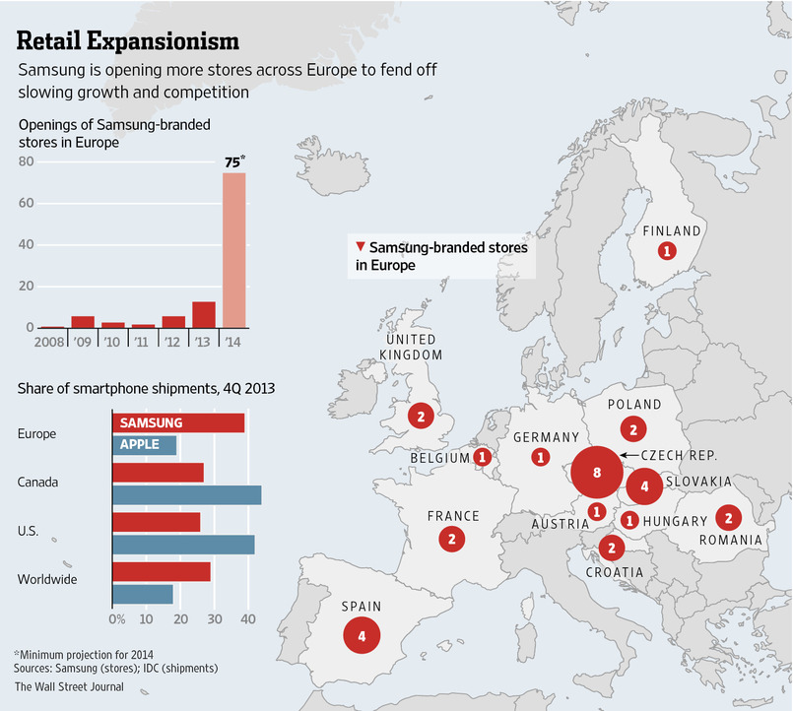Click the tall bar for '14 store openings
pyautogui.click(x=233, y=250)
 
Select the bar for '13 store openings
pyautogui.click(x=204, y=314)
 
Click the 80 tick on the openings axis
pyautogui.click(x=26, y=162)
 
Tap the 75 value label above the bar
pyautogui.click(x=233, y=162)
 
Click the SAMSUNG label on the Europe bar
pyautogui.click(x=151, y=421)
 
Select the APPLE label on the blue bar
pyautogui.click(x=139, y=444)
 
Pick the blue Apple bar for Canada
pyautogui.click(x=187, y=494)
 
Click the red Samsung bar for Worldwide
pyautogui.click(x=162, y=571)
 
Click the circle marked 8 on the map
pyautogui.click(x=597, y=472)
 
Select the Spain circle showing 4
pyautogui.click(x=362, y=635)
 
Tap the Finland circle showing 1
pyautogui.click(x=667, y=251)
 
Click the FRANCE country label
pyautogui.click(x=453, y=516)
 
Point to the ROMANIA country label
pyautogui.click(x=731, y=540)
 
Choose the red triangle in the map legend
pyautogui.click(x=362, y=248)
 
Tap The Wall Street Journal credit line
pyautogui.click(x=69, y=686)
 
